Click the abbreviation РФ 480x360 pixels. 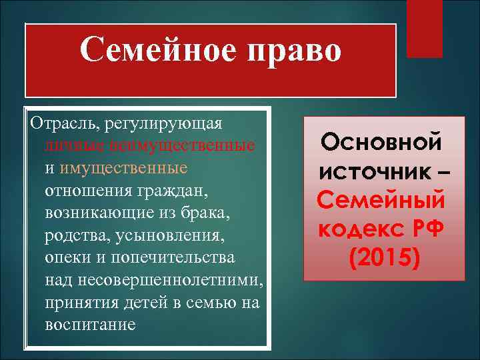[x=427, y=228]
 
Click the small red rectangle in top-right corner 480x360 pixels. [x=425, y=28]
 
